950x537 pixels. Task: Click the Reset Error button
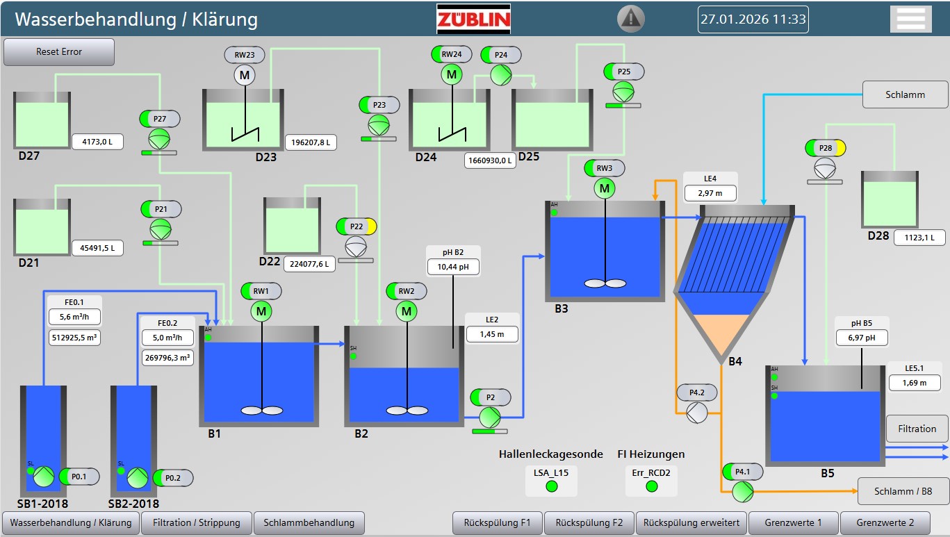coord(59,52)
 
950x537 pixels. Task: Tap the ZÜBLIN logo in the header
coord(473,19)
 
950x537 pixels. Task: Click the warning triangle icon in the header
coord(631,18)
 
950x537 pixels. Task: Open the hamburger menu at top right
coord(910,19)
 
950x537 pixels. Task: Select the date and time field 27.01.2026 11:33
coord(753,19)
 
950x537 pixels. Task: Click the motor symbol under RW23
coord(244,74)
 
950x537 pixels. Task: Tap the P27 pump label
coord(160,119)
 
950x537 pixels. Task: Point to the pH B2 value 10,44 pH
coord(453,266)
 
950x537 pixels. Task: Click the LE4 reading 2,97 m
coord(710,192)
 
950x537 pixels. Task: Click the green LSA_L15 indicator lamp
coord(551,486)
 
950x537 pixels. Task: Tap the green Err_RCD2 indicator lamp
coord(651,486)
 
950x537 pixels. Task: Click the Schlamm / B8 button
coord(903,491)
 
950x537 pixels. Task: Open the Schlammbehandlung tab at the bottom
coord(309,522)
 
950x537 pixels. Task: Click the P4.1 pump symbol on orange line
coord(742,491)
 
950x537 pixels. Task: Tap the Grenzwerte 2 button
coord(885,522)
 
